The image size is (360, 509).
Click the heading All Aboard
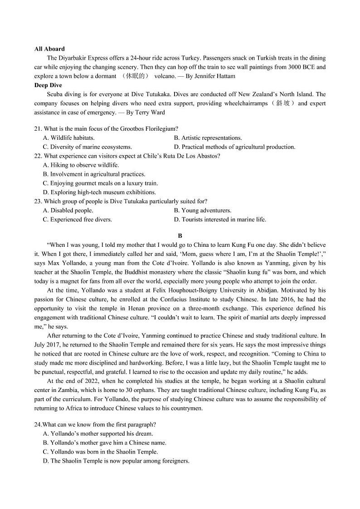click(49, 49)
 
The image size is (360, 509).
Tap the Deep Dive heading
click(48, 85)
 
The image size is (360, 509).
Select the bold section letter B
click(180, 236)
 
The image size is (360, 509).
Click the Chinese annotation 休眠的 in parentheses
click(136, 76)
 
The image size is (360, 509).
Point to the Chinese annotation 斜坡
click(284, 103)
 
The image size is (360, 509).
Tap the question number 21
click(38, 129)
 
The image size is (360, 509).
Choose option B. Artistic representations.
click(208, 138)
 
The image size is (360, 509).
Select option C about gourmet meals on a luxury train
click(100, 183)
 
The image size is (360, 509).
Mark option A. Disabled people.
click(68, 210)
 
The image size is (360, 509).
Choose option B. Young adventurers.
click(202, 210)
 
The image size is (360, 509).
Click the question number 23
click(38, 201)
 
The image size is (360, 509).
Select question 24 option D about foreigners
click(116, 461)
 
